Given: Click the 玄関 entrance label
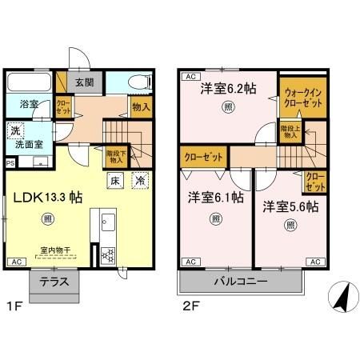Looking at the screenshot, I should pyautogui.click(x=85, y=82).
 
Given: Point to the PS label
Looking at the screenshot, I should pyautogui.click(x=10, y=162).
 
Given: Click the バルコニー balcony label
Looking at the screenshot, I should pyautogui.click(x=240, y=282).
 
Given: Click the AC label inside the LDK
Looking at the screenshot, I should pyautogui.click(x=15, y=262).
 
